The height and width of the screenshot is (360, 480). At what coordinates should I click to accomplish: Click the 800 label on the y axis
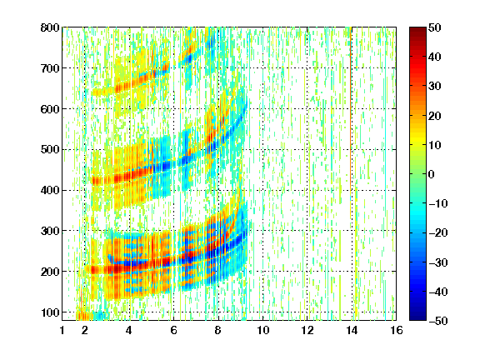tap(50, 27)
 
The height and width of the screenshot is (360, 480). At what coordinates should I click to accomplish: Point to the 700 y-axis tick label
tap(50, 68)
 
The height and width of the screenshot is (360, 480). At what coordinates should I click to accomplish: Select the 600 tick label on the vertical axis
tap(50, 109)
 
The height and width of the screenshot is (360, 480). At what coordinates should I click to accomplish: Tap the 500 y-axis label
tap(50, 150)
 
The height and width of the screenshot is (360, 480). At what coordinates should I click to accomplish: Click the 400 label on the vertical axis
tap(50, 190)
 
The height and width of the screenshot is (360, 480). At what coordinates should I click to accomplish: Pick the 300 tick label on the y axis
tap(50, 231)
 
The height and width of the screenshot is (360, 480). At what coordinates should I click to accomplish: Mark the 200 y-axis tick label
tap(50, 272)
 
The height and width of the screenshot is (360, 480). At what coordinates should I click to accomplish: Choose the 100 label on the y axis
tap(50, 312)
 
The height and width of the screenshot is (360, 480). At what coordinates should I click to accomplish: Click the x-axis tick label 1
tap(62, 330)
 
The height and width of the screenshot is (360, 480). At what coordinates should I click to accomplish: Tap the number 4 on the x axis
tap(129, 330)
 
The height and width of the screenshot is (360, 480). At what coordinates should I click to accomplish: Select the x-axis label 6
tap(173, 330)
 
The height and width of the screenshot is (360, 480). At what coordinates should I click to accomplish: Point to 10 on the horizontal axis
tap(263, 330)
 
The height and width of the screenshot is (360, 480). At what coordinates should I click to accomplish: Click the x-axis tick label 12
tap(307, 330)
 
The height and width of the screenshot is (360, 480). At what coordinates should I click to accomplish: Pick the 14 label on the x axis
tap(352, 330)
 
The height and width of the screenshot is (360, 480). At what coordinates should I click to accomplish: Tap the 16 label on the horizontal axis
tap(397, 330)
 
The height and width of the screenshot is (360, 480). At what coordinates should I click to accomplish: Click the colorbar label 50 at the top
tap(434, 27)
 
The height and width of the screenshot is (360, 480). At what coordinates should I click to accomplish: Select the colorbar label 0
tap(432, 174)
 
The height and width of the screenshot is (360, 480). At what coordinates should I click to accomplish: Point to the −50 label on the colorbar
tap(437, 321)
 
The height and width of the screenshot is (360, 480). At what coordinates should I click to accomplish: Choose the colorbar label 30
tap(434, 87)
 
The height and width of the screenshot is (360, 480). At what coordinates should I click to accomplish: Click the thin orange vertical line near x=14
tap(351, 122)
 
